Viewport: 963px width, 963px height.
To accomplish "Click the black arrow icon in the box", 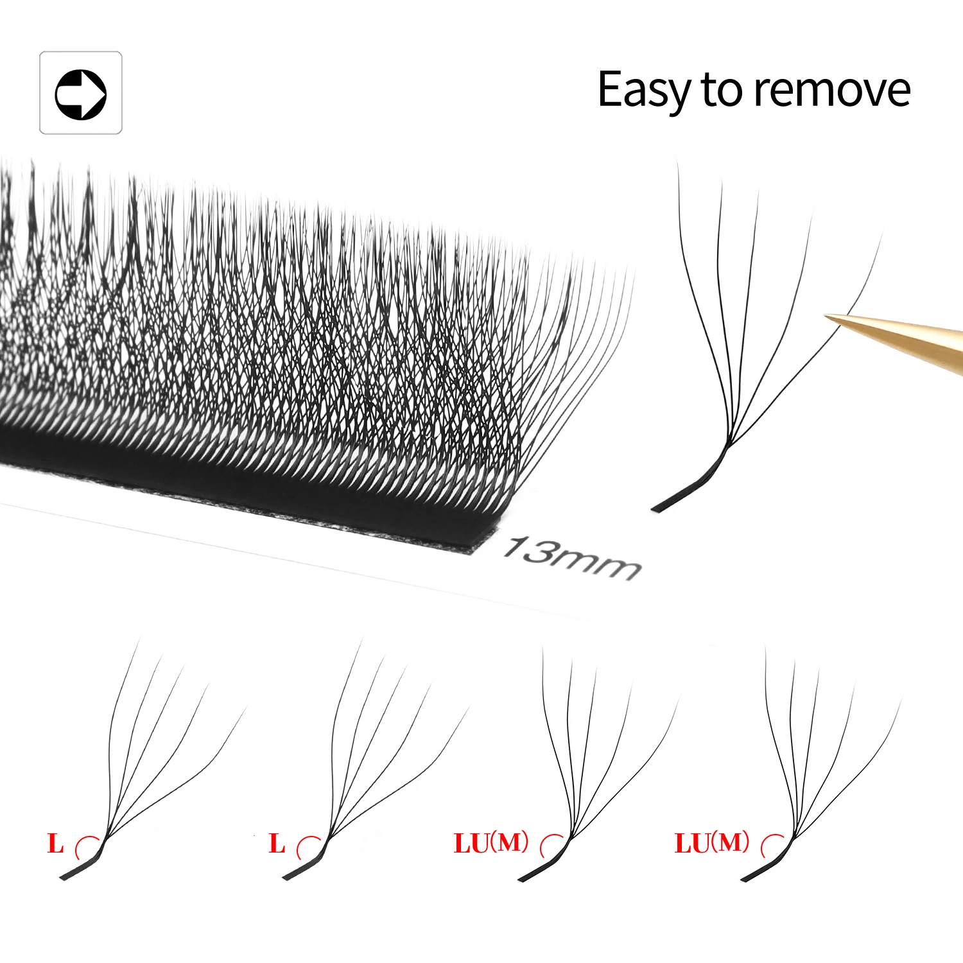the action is (81, 94).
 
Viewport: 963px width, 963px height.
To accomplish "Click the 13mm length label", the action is (571, 558).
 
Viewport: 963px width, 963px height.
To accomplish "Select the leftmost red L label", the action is (56, 844).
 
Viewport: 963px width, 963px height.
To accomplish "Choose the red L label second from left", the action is (277, 844).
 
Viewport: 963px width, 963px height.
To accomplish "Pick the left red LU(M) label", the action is (491, 842).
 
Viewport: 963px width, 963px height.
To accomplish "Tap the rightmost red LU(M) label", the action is (712, 842).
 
